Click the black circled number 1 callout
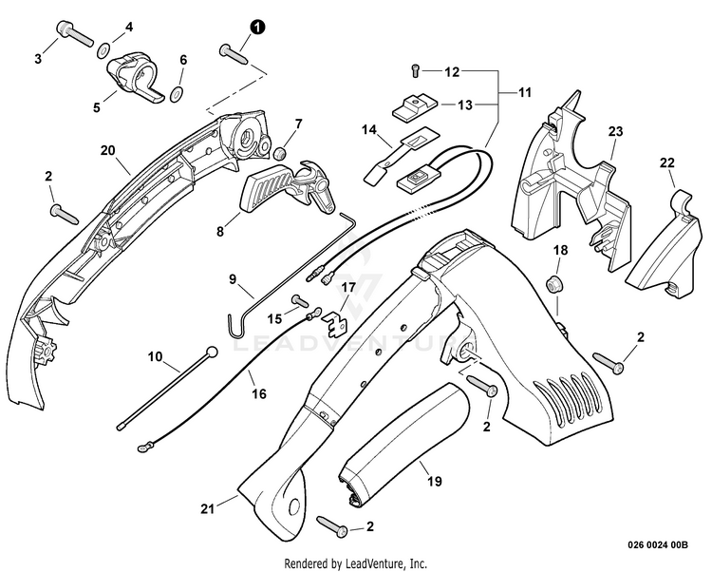pos(257,28)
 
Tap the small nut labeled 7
pos(280,153)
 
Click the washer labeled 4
pos(104,49)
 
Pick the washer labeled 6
pos(177,94)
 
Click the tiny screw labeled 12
pos(416,69)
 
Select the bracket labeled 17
pos(334,323)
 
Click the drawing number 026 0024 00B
pos(658,544)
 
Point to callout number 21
pos(208,509)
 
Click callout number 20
pos(108,150)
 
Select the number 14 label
pos(369,130)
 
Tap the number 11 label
pos(524,92)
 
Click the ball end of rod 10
pos(212,352)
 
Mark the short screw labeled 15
pos(300,300)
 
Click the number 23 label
pos(616,132)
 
